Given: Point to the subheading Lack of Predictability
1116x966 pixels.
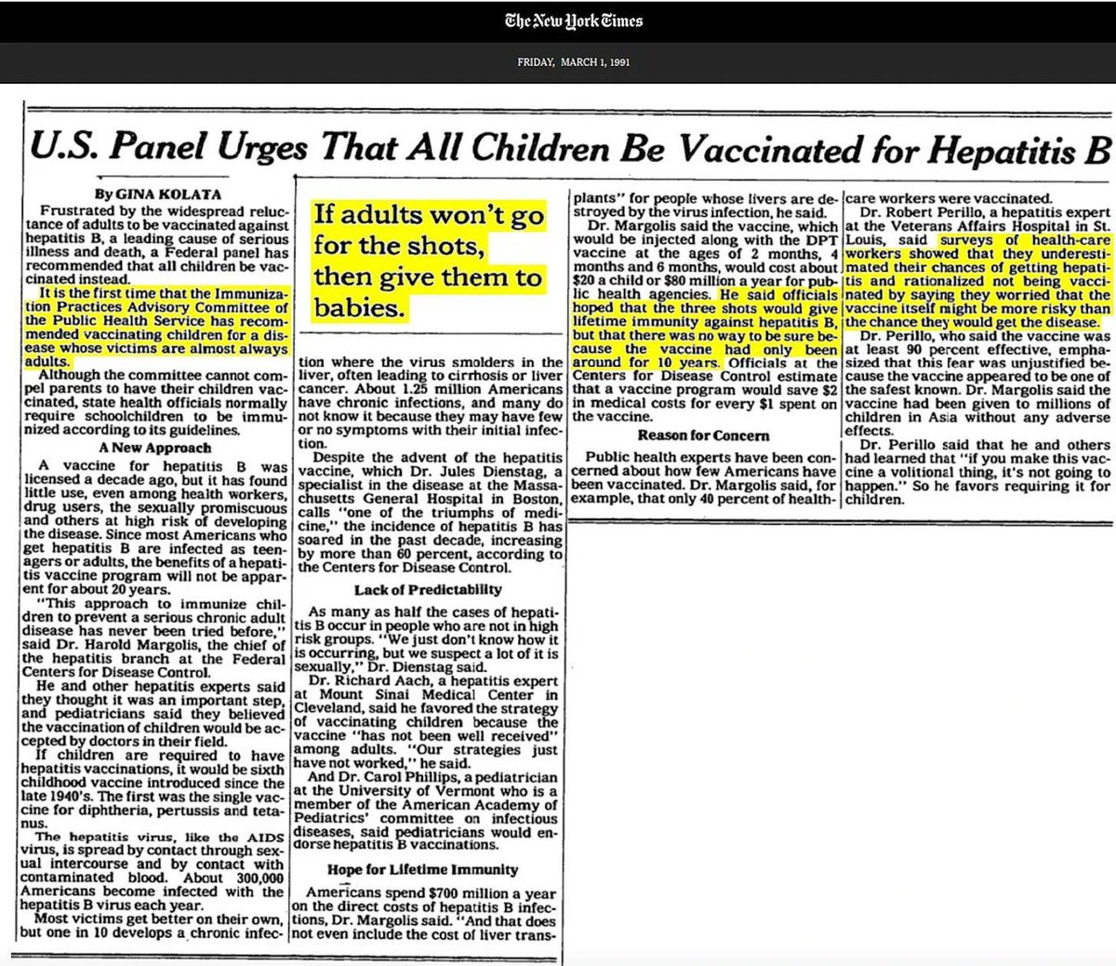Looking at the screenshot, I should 429,589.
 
